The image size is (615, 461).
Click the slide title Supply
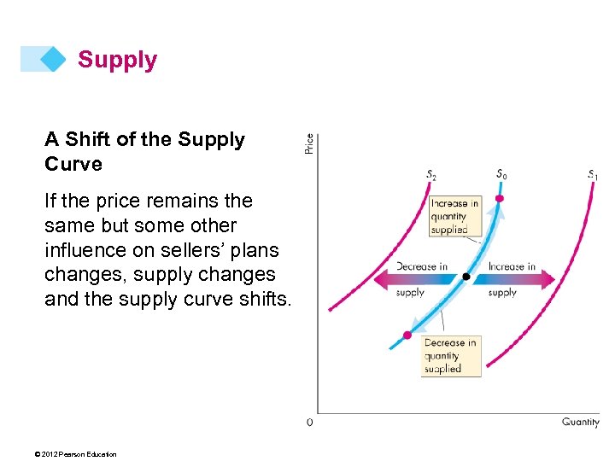click(x=117, y=60)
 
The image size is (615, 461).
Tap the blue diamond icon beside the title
click(x=53, y=59)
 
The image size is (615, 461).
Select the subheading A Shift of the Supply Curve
click(x=144, y=151)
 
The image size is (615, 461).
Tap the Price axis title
click(x=309, y=143)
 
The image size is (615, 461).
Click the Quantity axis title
click(x=580, y=423)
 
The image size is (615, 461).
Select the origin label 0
click(x=309, y=423)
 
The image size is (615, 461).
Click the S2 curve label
click(x=431, y=175)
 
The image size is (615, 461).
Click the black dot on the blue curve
click(x=466, y=277)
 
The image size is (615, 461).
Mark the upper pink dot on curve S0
click(x=500, y=199)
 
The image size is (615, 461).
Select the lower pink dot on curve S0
click(x=407, y=335)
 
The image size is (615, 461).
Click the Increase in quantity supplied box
click(x=454, y=217)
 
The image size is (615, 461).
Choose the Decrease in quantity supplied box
click(x=452, y=356)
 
